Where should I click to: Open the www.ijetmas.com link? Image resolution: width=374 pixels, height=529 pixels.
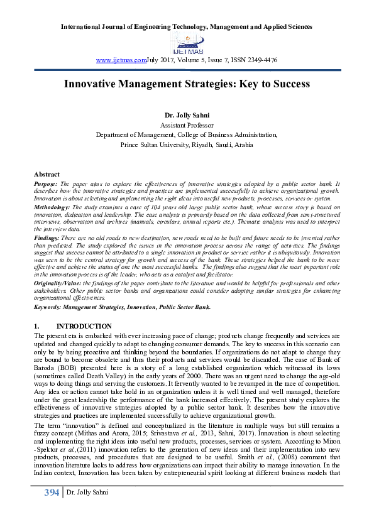(121, 60)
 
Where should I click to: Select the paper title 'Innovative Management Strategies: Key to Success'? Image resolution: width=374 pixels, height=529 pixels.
(187, 84)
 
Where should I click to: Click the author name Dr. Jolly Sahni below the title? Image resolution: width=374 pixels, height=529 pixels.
(186, 116)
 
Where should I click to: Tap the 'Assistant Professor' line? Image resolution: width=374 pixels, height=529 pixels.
(186, 126)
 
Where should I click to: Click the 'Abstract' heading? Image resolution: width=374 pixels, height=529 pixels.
(47, 174)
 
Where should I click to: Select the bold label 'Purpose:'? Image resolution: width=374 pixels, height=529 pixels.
(47, 182)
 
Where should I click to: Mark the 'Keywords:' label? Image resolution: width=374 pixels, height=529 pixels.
(50, 306)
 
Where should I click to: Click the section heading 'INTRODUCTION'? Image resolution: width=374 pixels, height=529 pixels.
(84, 327)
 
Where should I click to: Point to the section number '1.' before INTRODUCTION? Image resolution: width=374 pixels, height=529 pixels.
(36, 327)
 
